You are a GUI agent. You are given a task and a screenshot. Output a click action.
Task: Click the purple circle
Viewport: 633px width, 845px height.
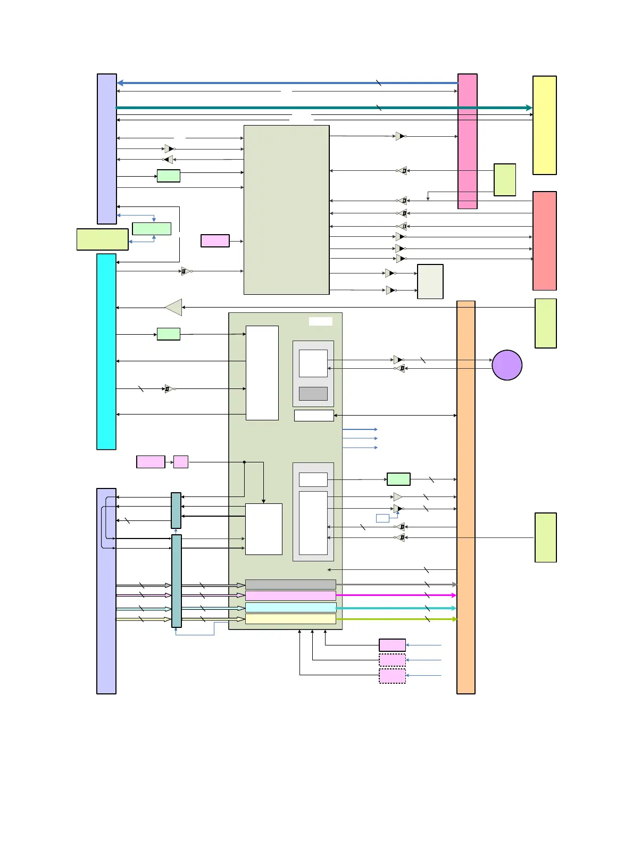(507, 365)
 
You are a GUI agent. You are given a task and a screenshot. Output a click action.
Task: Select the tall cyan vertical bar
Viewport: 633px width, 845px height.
(106, 351)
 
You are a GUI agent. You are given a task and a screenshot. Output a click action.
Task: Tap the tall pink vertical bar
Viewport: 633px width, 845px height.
(468, 141)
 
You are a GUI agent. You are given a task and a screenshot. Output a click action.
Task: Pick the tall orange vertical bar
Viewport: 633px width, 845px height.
(466, 497)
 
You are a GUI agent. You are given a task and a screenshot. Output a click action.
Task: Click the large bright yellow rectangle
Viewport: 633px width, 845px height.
(545, 125)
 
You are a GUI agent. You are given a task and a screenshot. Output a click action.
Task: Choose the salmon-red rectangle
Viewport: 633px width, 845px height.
(545, 241)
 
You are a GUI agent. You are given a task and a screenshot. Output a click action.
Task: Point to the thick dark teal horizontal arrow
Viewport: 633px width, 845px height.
(319, 108)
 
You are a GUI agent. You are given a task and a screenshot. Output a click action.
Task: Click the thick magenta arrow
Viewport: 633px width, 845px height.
(396, 595)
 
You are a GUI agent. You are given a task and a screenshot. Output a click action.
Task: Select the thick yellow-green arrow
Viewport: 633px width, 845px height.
(396, 619)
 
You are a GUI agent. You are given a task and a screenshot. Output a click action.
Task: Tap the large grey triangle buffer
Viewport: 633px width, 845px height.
(174, 308)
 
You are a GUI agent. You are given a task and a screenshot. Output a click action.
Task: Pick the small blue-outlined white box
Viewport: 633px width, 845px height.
(382, 518)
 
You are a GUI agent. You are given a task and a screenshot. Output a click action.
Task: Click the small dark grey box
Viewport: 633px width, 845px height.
(313, 394)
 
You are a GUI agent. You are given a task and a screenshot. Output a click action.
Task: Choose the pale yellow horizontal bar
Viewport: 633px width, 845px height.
(290, 619)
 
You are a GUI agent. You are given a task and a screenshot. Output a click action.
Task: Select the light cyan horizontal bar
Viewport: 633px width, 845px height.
(290, 607)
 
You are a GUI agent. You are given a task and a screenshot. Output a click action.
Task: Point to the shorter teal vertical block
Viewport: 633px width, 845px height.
(176, 510)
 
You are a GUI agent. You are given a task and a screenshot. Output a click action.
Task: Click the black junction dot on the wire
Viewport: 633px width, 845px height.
(244, 462)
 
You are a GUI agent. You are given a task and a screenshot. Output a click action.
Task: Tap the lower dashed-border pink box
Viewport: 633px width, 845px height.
(393, 676)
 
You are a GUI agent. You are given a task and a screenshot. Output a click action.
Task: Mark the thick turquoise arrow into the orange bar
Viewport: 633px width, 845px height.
(396, 608)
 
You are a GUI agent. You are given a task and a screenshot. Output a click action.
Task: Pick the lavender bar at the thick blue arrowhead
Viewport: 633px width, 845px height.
(107, 149)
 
